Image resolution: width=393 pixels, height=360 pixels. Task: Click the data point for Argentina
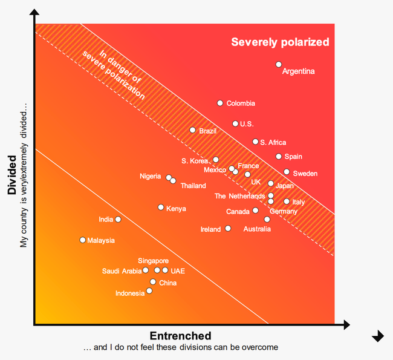click(x=279, y=64)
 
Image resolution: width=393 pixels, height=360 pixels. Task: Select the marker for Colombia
click(x=220, y=103)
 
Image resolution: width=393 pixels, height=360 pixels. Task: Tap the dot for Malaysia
click(x=83, y=240)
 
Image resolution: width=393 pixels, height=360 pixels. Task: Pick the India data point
click(x=118, y=219)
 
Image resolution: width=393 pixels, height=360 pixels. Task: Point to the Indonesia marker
click(x=149, y=291)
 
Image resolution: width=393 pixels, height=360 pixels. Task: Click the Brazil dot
click(x=193, y=130)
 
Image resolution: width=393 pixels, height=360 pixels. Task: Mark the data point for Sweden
click(x=287, y=172)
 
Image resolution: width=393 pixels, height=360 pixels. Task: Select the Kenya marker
click(x=161, y=207)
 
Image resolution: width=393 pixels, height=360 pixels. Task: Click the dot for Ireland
click(x=228, y=228)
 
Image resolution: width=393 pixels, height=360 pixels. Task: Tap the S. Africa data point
click(x=255, y=142)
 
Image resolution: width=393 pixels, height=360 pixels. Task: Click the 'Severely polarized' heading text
click(x=280, y=42)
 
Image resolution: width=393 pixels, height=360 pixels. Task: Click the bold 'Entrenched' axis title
click(x=180, y=336)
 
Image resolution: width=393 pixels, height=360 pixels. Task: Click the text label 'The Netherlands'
click(x=239, y=196)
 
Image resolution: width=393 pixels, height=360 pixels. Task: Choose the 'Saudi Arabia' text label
click(x=122, y=271)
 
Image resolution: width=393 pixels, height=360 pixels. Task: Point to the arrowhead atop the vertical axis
click(x=34, y=13)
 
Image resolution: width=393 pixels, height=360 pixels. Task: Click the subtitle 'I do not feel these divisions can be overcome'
click(x=180, y=347)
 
